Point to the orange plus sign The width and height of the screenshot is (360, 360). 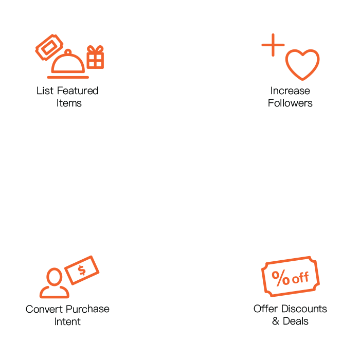[273, 47]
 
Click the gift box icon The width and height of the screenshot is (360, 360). [95, 57]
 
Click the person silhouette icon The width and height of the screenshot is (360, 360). [54, 283]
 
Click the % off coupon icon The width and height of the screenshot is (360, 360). [291, 278]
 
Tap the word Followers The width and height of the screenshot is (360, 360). [291, 103]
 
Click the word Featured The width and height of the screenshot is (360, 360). [78, 91]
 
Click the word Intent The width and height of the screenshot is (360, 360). [67, 321]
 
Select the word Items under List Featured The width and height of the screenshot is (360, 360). [69, 103]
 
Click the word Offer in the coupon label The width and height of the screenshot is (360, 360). [265, 309]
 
